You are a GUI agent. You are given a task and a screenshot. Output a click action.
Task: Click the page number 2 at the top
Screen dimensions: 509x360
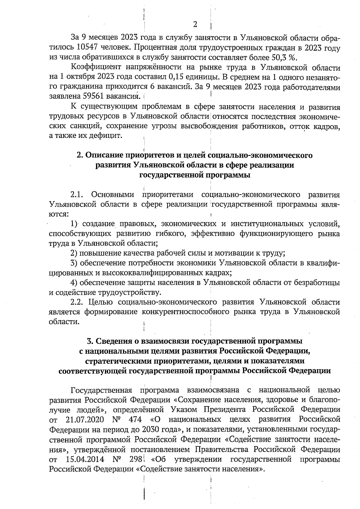coord(195,25)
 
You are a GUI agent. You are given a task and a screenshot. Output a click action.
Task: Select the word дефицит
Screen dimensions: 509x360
coord(108,136)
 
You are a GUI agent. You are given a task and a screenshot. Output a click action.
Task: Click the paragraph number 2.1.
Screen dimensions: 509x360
coord(76,195)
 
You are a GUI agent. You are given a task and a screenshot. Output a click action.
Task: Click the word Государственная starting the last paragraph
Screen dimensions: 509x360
coord(101,390)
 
